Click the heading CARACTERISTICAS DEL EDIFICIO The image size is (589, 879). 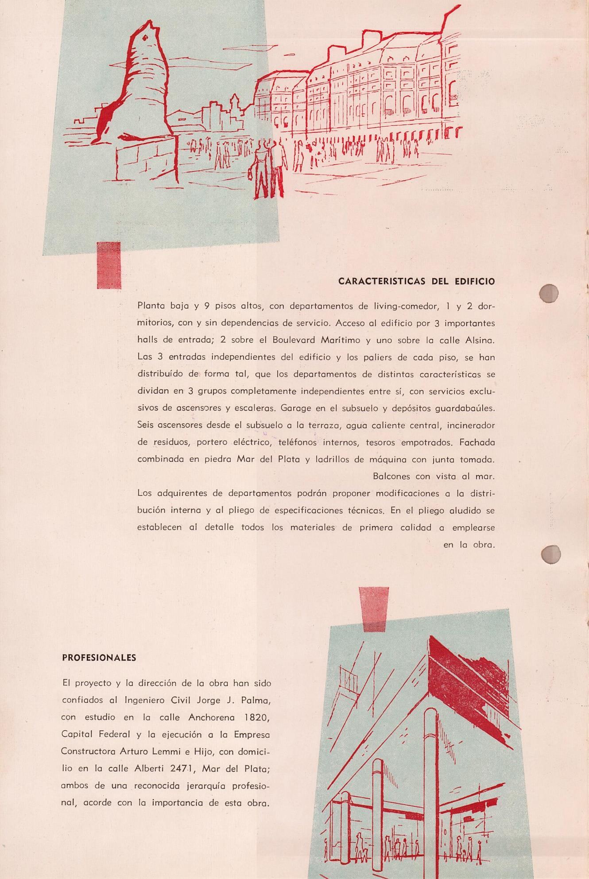pos(416,282)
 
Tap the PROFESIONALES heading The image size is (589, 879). pos(99,658)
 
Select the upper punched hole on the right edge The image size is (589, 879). pos(549,293)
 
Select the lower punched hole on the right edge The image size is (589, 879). pos(551,554)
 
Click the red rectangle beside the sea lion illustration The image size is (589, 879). pos(109,265)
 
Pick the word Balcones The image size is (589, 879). pos(391,476)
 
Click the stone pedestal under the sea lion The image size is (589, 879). pos(146,159)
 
